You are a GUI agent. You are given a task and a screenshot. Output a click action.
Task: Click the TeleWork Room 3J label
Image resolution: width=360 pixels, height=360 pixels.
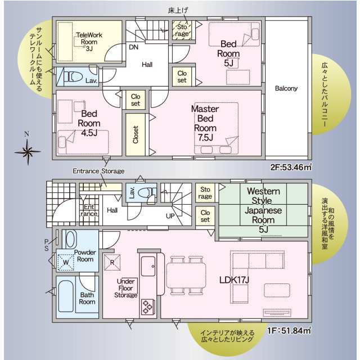tap(89, 42)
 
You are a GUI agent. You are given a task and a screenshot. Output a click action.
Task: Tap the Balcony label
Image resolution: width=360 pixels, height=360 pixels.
tap(286, 88)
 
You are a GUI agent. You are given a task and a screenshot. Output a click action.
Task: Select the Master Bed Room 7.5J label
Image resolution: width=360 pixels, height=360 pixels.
tap(205, 123)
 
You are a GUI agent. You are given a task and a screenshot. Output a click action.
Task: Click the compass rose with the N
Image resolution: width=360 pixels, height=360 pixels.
tap(28, 150)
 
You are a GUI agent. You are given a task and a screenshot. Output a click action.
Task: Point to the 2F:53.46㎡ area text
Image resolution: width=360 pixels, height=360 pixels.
tap(291, 167)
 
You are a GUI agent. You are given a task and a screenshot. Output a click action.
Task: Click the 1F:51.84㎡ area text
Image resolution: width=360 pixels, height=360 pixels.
tap(289, 331)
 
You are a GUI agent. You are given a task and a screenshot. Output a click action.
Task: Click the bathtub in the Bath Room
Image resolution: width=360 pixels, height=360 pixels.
tap(66, 296)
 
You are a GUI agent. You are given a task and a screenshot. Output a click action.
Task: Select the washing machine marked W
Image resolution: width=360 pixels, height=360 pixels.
tap(65, 262)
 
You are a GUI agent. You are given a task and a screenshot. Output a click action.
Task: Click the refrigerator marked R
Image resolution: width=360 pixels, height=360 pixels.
tap(112, 262)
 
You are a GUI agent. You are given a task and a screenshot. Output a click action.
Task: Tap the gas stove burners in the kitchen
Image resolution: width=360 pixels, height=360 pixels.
tap(147, 307)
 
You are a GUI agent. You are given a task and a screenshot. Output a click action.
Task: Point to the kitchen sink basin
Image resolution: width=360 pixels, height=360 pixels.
tap(148, 266)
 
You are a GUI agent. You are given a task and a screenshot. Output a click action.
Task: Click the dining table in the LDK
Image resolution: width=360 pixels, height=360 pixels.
tap(186, 276)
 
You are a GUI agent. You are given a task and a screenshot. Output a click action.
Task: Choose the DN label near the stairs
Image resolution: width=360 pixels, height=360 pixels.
tap(134, 47)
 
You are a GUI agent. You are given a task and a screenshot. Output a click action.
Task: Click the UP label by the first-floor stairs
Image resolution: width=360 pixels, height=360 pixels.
tap(170, 216)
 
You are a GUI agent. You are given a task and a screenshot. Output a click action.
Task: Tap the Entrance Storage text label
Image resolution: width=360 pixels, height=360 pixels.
tap(98, 171)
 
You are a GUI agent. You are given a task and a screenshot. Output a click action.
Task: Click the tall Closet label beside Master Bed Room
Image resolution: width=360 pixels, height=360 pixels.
tap(136, 135)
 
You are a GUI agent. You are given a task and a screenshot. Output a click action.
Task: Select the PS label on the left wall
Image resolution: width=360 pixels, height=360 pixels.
tap(47, 245)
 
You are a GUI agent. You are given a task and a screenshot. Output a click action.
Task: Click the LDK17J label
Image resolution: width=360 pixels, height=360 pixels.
tap(235, 280)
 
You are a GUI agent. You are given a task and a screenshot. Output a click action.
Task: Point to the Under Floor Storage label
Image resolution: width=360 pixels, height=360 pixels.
tap(126, 288)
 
